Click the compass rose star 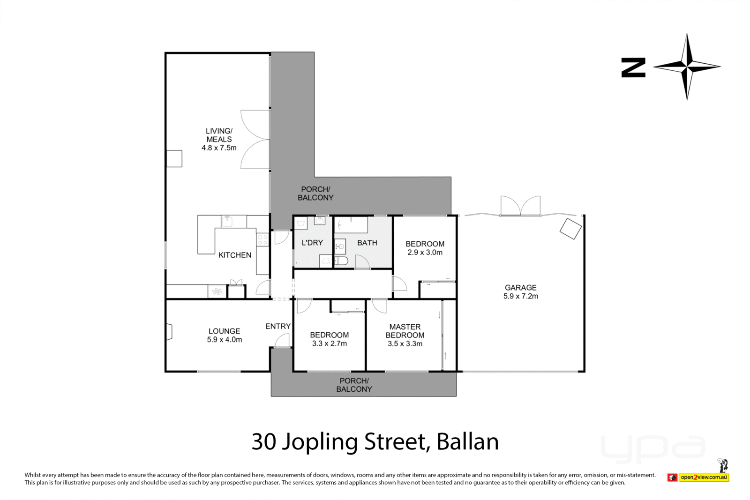coord(687,67)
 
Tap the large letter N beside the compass coord(633,67)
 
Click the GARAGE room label coord(520,288)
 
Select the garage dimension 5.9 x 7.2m coord(520,296)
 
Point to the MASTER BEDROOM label coord(405,331)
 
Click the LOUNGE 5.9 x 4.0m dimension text coord(225,340)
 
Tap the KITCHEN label coord(235,255)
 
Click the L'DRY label coord(312,243)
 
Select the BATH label coord(367,243)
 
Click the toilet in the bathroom coord(341,261)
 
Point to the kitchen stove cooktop coord(262,240)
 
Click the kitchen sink coord(227,221)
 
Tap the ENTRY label coord(278,326)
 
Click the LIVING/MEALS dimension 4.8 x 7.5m coord(219,148)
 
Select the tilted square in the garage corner coord(570,229)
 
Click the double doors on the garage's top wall coord(520,206)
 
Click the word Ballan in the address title coord(467,442)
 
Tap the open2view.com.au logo coord(704,478)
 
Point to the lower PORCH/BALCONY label coord(354,385)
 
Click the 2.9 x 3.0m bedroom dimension coord(425,252)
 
